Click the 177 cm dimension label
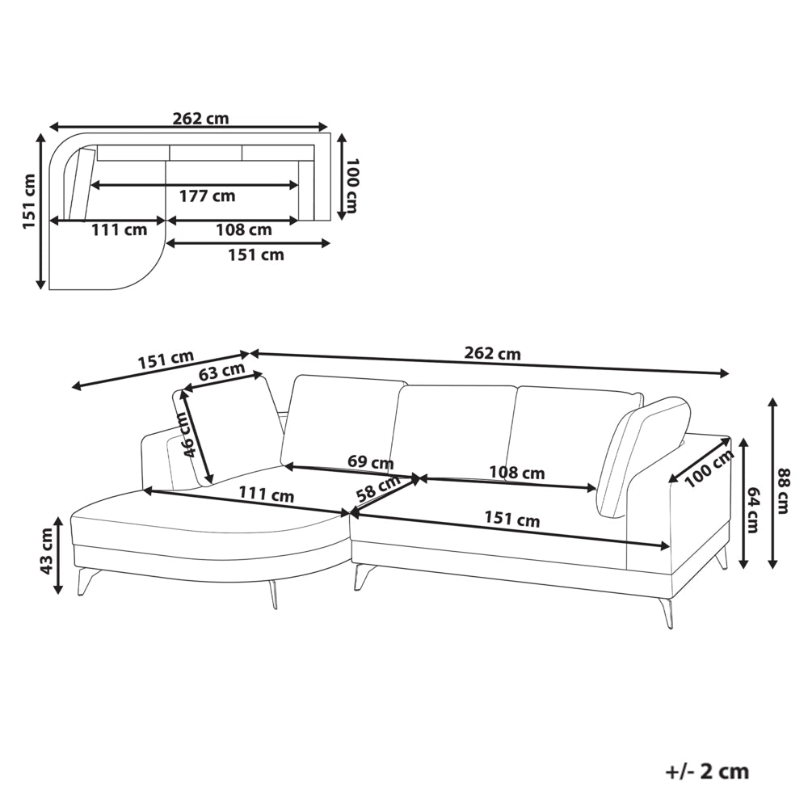207,196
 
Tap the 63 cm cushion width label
222,372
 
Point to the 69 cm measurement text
371,461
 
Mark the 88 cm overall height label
783,490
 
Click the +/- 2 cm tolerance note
707,772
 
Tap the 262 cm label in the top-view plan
200,119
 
